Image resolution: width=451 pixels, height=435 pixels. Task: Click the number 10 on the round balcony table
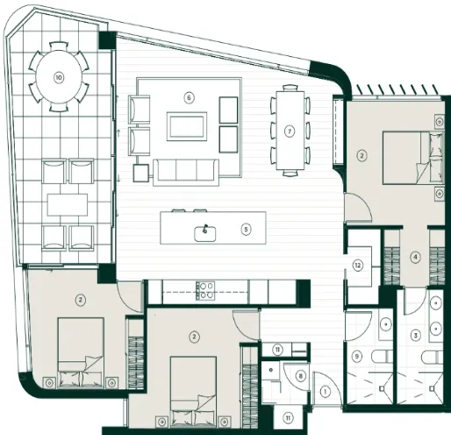(59, 77)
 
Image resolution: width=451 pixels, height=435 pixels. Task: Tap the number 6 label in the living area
(189, 97)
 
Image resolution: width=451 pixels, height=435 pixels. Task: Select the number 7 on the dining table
(290, 132)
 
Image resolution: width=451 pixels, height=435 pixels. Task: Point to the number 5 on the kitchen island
(246, 230)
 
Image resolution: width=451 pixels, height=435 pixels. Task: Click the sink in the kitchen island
(205, 234)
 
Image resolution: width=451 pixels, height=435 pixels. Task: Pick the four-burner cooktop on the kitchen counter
(205, 290)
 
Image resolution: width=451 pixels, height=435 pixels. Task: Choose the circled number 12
(358, 266)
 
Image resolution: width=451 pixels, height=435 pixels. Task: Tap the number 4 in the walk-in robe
(415, 257)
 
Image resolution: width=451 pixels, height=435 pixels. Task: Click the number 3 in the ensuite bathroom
(415, 335)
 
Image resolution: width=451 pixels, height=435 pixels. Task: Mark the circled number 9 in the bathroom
(357, 356)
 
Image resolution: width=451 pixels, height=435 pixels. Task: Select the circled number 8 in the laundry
(300, 376)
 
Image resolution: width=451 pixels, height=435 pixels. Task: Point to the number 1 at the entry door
(325, 391)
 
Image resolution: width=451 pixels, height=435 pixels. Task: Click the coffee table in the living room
(187, 126)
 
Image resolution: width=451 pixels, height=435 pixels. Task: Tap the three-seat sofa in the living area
(186, 173)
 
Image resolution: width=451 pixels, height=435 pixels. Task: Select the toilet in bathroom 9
(383, 357)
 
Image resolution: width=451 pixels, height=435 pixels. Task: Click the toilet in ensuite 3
(433, 357)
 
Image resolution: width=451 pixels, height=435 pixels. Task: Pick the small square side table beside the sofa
(141, 173)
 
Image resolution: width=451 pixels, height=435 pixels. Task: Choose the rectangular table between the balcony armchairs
(68, 204)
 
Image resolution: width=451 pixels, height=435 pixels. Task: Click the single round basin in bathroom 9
(386, 324)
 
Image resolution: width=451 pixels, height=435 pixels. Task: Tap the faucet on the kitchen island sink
(205, 229)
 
